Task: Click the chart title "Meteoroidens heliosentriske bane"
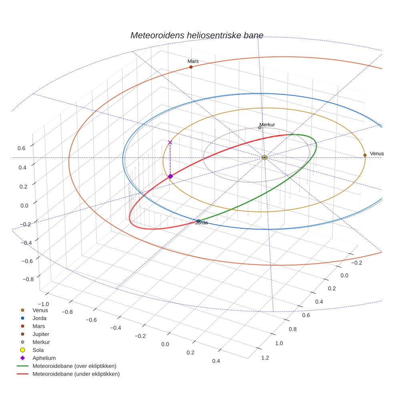197,35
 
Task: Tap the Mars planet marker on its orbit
191,67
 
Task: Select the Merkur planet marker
259,128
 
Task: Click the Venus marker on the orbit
365,155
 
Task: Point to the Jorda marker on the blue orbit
199,221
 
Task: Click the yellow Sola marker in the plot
265,158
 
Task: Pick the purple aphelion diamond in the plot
170,176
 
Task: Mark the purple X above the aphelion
170,142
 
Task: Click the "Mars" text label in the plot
193,61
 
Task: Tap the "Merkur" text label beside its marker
267,125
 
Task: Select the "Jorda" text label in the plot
201,223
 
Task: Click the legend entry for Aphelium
44,358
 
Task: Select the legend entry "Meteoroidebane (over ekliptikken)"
74,366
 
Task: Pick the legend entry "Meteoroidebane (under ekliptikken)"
76,374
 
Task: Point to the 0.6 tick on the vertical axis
21,148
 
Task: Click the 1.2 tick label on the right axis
265,357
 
